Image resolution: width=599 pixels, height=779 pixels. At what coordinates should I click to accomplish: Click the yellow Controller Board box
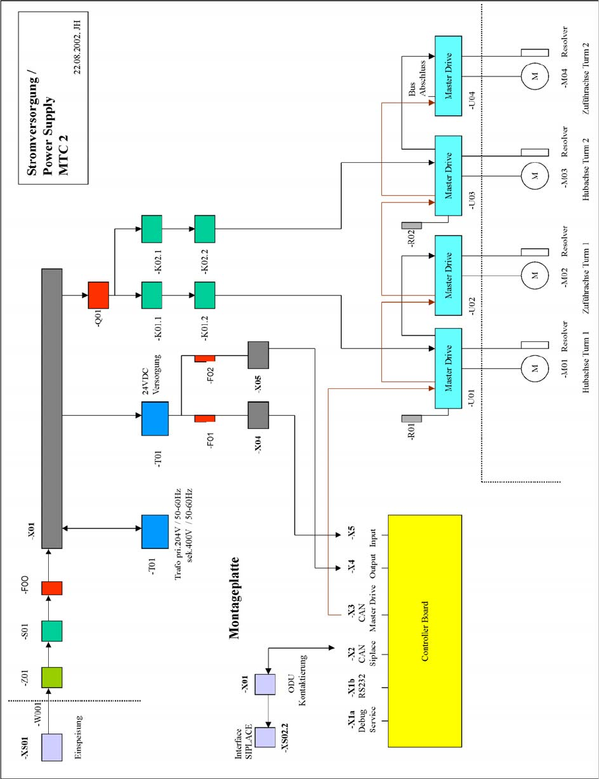(x=424, y=631)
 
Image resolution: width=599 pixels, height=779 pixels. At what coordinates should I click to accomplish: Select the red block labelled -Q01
(x=98, y=295)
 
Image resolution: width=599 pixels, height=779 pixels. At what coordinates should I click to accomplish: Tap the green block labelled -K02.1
(x=152, y=229)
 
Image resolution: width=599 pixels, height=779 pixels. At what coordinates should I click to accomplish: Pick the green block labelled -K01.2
(x=205, y=295)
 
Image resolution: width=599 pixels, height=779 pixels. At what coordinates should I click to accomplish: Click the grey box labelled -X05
(x=258, y=355)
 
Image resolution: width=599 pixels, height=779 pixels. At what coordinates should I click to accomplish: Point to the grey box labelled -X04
(x=258, y=416)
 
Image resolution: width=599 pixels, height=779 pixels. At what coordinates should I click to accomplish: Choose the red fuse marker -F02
(x=205, y=358)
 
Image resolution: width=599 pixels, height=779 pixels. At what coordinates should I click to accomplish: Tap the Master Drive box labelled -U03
(x=449, y=175)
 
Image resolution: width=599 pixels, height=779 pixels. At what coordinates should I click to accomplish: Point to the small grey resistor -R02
(x=411, y=225)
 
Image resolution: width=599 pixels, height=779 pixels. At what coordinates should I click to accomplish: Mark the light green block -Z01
(x=51, y=677)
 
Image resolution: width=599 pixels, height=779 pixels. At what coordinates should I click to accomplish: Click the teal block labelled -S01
(x=51, y=631)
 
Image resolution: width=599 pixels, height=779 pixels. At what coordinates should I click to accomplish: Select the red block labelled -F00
(x=51, y=588)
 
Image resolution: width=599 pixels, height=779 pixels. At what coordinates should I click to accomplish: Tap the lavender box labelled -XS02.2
(x=265, y=737)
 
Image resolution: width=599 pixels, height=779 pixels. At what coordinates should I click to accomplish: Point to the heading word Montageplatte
(x=234, y=599)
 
